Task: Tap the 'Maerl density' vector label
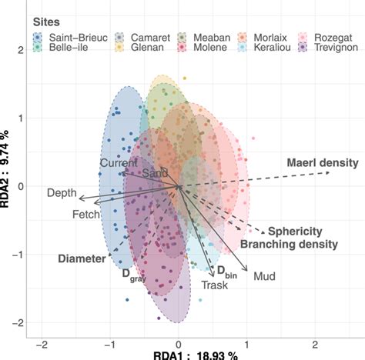pos(322,163)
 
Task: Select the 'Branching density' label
pos(289,245)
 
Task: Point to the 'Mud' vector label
pos(264,275)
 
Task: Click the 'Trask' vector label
pos(215,285)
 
